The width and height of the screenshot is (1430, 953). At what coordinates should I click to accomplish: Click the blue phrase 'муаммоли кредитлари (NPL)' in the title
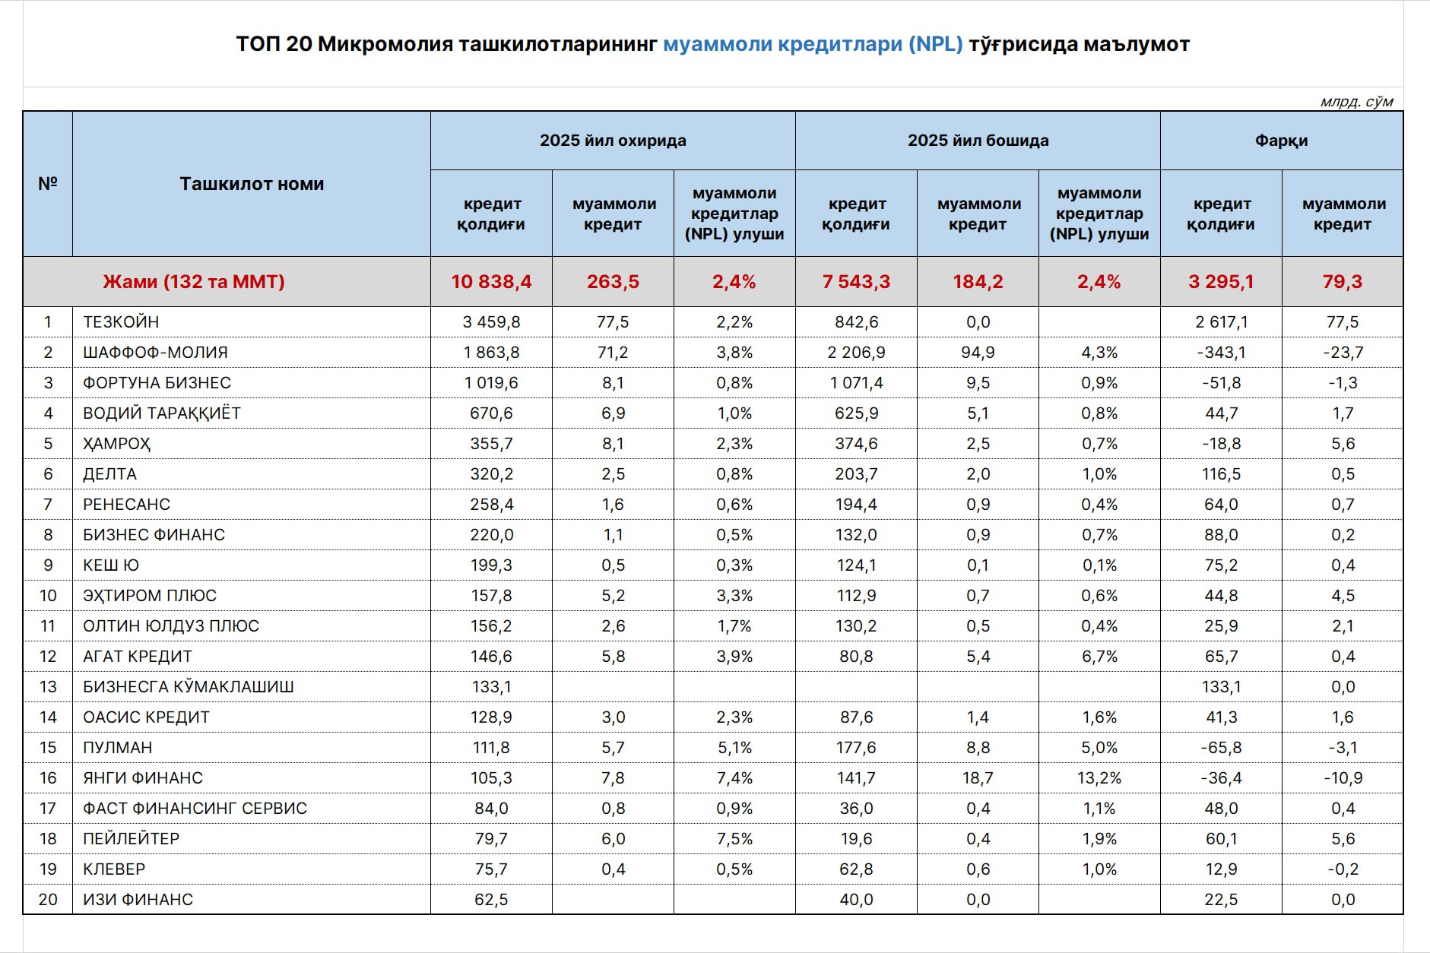tap(812, 44)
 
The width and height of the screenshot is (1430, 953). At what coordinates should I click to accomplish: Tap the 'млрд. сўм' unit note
tap(1356, 102)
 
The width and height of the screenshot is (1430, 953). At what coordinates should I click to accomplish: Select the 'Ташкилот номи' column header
tap(252, 184)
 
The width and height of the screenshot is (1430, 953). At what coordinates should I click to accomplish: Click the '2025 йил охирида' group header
tap(613, 141)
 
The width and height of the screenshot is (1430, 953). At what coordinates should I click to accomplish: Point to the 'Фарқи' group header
tap(1281, 141)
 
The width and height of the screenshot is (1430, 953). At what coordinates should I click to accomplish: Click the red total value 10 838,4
tap(491, 282)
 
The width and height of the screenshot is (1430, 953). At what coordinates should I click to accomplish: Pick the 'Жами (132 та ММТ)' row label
tap(194, 282)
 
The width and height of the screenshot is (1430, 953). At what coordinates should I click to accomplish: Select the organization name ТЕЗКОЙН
tap(121, 322)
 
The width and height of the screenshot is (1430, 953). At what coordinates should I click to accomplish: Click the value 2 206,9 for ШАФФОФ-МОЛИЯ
tap(856, 353)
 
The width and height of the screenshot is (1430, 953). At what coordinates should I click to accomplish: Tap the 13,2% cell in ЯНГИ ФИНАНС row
tap(1099, 778)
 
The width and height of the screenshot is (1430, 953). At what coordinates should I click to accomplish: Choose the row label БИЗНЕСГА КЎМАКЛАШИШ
tap(189, 687)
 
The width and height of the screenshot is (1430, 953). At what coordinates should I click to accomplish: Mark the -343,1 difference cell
tap(1221, 353)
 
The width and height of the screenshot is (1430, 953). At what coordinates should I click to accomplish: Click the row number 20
tap(48, 900)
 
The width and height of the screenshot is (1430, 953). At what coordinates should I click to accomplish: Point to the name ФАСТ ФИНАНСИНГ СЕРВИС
tap(195, 809)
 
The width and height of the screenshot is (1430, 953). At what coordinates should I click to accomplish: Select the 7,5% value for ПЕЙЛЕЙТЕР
tap(734, 839)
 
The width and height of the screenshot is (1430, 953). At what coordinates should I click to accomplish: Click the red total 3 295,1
tap(1221, 282)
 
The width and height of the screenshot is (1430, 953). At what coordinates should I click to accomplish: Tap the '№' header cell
tap(48, 184)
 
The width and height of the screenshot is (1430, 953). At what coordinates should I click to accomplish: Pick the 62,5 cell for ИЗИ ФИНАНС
tap(491, 900)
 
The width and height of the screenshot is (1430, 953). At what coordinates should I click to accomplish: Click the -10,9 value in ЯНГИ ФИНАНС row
tap(1343, 778)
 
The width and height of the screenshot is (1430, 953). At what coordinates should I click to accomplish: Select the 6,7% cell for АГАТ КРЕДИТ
tap(1099, 657)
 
